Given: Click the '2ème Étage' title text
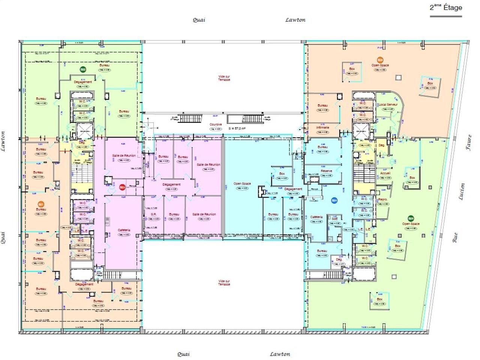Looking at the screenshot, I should click(446, 7).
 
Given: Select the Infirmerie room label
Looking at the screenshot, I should click(322, 127).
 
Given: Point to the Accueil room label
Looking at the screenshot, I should click(385, 173).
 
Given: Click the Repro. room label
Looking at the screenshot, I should click(382, 199).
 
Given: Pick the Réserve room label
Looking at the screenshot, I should click(326, 171).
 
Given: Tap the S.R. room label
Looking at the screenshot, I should click(153, 214).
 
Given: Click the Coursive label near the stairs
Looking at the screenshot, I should click(216, 124).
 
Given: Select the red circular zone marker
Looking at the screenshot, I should click(122, 187).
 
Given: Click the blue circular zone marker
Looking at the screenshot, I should click(334, 201).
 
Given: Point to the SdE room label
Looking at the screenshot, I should click(334, 218).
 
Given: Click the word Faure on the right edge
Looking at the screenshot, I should click(468, 142).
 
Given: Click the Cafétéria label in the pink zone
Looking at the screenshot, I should click(124, 230).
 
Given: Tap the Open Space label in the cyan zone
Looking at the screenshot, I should click(242, 184).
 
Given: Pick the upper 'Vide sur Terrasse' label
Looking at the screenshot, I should click(224, 78).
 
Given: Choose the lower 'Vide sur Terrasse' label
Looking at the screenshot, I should click(224, 283).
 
